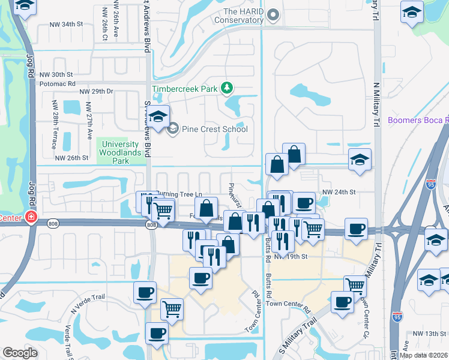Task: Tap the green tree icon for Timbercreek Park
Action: click(227, 89)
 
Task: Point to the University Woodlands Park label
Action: click(124, 152)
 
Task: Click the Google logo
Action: click(20, 353)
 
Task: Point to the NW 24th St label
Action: click(339, 192)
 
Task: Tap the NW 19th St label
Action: click(291, 256)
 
